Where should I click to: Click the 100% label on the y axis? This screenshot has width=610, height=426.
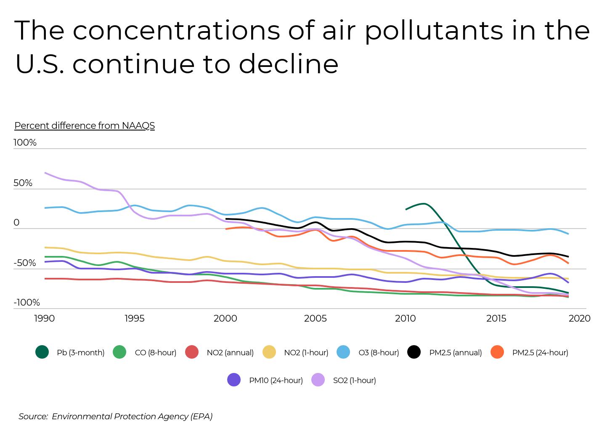tap(25, 143)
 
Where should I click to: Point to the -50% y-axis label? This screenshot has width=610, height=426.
tap(25, 263)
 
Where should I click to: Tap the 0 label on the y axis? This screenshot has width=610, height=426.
tap(16, 223)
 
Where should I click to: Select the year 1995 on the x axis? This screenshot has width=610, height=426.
tap(134, 319)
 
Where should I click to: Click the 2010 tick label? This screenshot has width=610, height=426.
tap(406, 319)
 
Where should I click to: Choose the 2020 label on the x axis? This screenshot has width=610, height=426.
tap(579, 319)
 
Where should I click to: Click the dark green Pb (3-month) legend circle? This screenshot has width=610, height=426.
tap(42, 352)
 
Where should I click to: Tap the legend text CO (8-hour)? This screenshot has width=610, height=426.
tap(155, 353)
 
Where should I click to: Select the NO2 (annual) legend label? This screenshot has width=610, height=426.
tap(230, 353)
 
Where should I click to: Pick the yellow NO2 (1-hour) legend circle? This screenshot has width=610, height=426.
tap(269, 352)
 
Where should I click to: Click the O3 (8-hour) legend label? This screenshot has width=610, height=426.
tap(378, 353)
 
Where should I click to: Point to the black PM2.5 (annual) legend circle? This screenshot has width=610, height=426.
tap(414, 352)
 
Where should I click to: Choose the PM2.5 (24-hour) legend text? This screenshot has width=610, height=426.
tap(540, 353)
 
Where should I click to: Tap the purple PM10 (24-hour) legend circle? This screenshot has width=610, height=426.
tap(234, 380)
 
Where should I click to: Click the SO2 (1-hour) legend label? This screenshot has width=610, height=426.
tap(354, 381)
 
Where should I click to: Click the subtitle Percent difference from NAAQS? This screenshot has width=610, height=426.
tap(85, 126)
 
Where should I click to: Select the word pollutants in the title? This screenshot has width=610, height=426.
tap(434, 31)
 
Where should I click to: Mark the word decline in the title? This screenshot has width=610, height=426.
tap(288, 64)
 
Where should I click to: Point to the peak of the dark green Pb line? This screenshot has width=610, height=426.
tap(424, 204)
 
